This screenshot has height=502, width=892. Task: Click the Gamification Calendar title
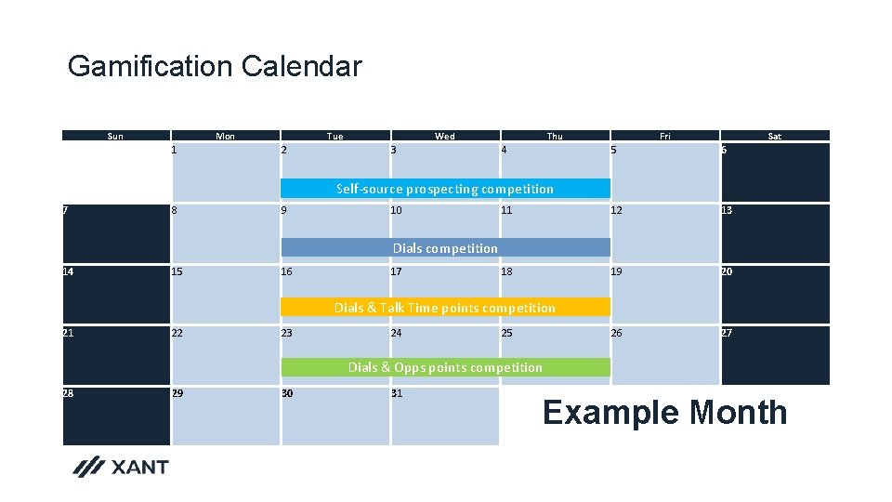point(215,67)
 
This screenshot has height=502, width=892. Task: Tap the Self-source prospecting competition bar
point(445,189)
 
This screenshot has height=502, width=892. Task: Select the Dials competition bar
point(445,248)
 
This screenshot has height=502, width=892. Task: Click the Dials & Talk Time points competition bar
point(445,308)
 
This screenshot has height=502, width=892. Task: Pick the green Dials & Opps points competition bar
point(445,367)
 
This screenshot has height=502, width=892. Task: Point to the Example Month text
point(664,412)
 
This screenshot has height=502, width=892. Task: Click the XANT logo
point(121,467)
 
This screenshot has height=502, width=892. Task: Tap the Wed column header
point(445,136)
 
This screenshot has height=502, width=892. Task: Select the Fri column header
point(664,136)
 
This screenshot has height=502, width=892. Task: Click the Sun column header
point(115,136)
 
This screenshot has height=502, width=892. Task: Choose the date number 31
point(397,393)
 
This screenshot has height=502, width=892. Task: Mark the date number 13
point(728,210)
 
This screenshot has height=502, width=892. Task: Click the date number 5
point(614,150)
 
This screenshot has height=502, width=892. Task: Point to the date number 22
point(177,333)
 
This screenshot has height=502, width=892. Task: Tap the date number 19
point(618,271)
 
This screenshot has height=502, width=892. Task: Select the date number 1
point(175,150)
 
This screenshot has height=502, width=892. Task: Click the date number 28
point(68,393)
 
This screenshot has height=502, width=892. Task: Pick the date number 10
point(397,210)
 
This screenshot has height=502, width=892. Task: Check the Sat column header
point(774,136)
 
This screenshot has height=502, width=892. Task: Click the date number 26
point(618,333)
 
